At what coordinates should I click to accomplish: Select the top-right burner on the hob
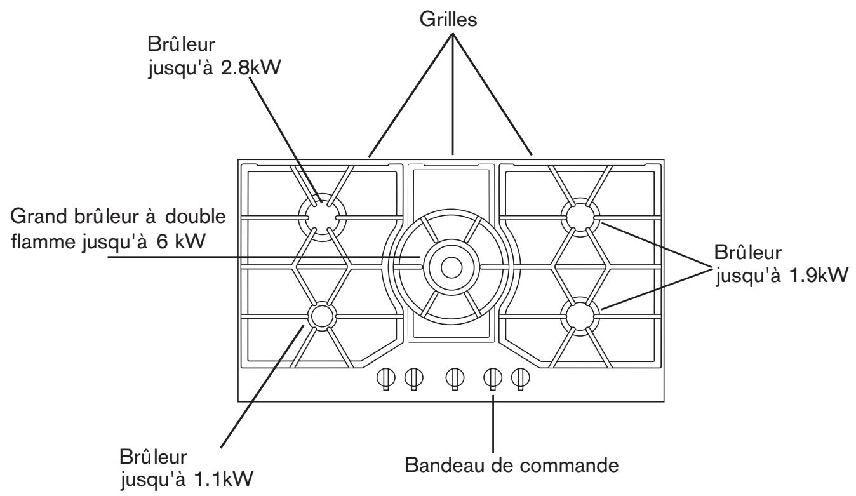click(580, 217)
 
